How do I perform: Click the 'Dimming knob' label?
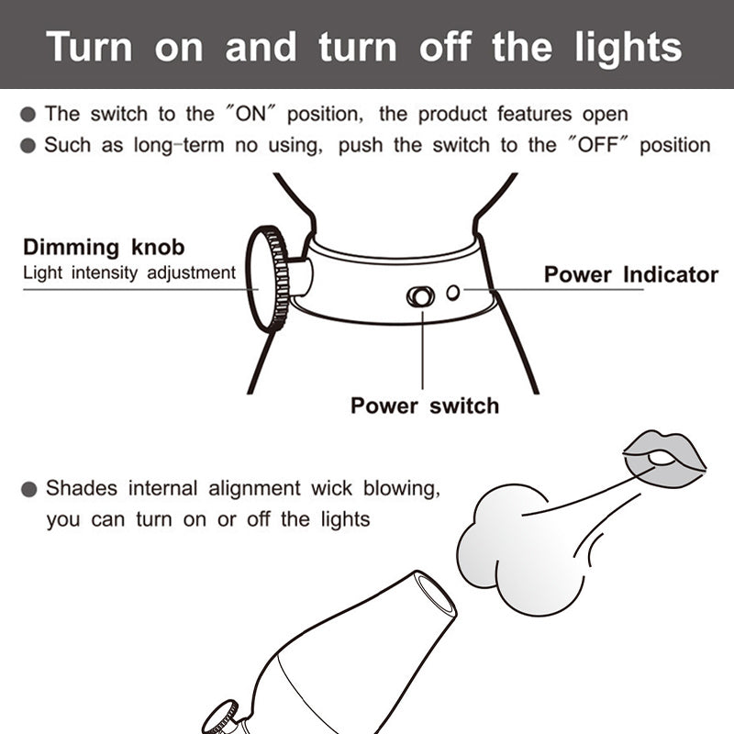coord(104,247)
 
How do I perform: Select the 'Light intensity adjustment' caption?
coord(129,272)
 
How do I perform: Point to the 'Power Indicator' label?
coord(630,274)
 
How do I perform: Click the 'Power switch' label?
coord(425,406)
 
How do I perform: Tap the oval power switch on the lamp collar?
coord(420,296)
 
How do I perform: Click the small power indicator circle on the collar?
coord(453,293)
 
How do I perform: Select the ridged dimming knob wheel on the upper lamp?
coord(267,279)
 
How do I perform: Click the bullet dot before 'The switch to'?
coord(29,115)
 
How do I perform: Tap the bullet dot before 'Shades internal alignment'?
coord(29,489)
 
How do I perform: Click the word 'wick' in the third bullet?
coord(330,488)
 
